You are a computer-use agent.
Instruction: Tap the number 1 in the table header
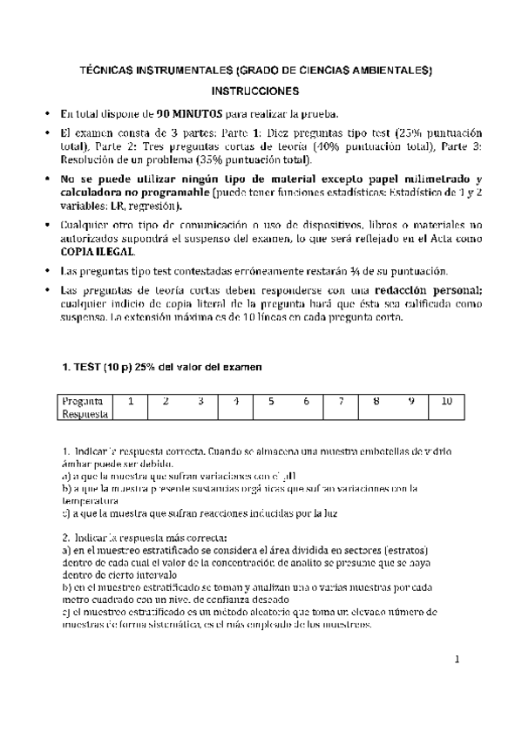[130, 402]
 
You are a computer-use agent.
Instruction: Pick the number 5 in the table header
[271, 402]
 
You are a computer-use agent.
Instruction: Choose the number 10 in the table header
[446, 402]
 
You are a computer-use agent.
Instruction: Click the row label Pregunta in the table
[84, 402]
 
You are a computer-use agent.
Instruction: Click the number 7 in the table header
[342, 402]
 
